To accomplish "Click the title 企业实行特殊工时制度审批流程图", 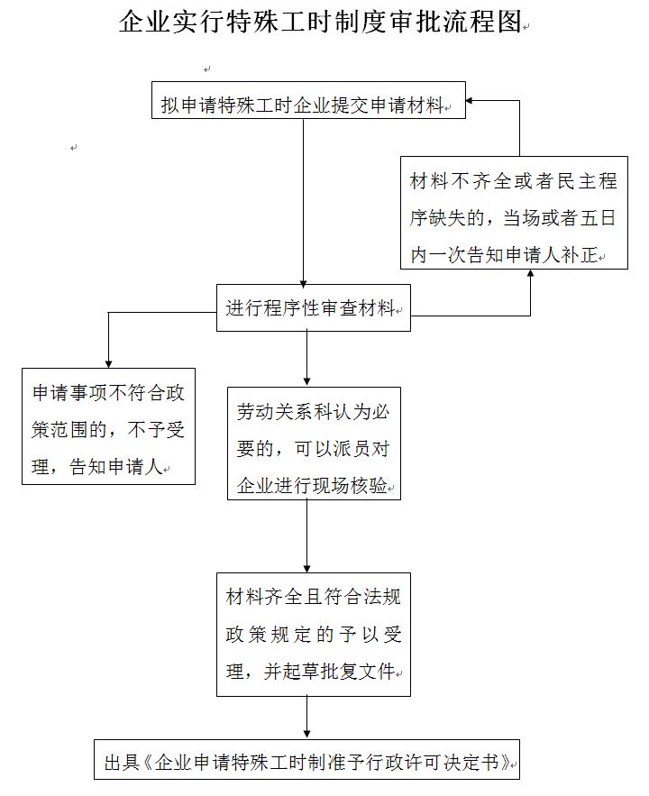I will (x=320, y=22).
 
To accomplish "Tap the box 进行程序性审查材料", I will (x=312, y=309).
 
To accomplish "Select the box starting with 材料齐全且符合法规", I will (x=313, y=635).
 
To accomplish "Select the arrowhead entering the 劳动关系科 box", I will (x=307, y=380).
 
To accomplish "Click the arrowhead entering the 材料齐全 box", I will (x=307, y=567).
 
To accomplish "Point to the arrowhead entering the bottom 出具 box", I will (x=307, y=734).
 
